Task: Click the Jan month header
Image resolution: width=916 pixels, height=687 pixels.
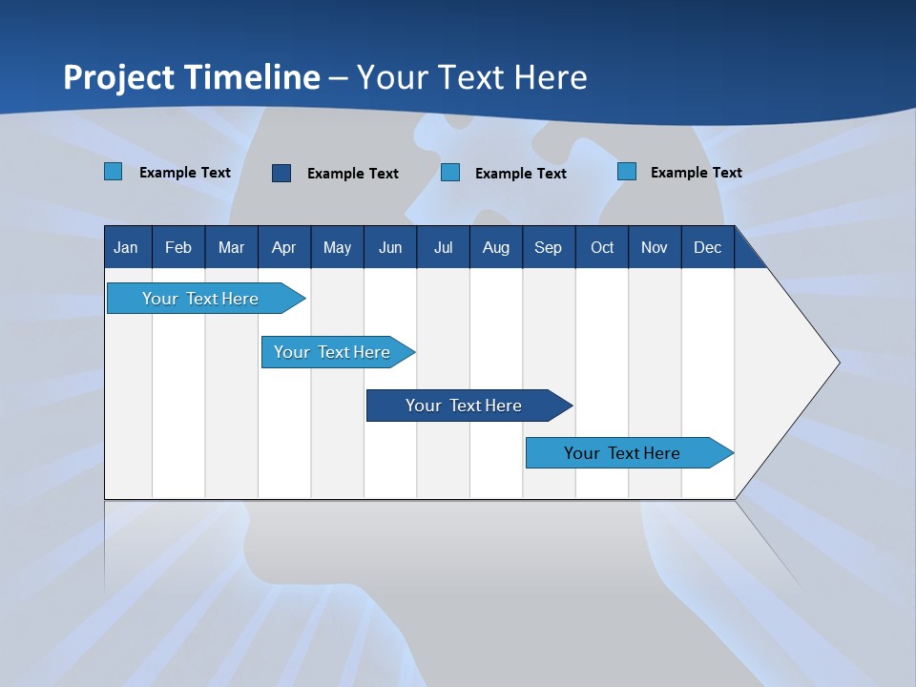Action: [126, 247]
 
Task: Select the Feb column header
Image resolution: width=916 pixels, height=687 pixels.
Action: [178, 247]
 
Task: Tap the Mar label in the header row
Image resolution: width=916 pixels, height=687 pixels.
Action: [231, 247]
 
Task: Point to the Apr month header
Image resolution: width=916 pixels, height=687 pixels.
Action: [283, 247]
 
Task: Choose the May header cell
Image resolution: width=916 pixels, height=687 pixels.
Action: [337, 247]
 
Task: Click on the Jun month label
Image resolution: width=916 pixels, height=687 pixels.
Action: [390, 247]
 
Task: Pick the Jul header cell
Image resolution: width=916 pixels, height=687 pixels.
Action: [443, 247]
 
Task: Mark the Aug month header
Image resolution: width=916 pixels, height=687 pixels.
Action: [495, 247]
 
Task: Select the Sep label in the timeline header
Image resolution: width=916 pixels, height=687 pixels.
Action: [548, 247]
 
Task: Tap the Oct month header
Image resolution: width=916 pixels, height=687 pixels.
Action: [602, 247]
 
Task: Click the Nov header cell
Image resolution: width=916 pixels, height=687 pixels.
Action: [655, 247]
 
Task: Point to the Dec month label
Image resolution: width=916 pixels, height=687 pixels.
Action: [707, 247]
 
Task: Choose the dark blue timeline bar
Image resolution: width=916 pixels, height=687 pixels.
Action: [465, 406]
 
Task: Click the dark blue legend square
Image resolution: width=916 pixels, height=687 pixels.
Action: [281, 173]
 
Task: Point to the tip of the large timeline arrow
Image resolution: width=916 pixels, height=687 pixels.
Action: [838, 363]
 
